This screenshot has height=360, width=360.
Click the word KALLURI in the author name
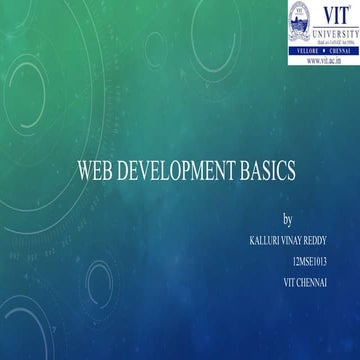[x=255, y=236]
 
